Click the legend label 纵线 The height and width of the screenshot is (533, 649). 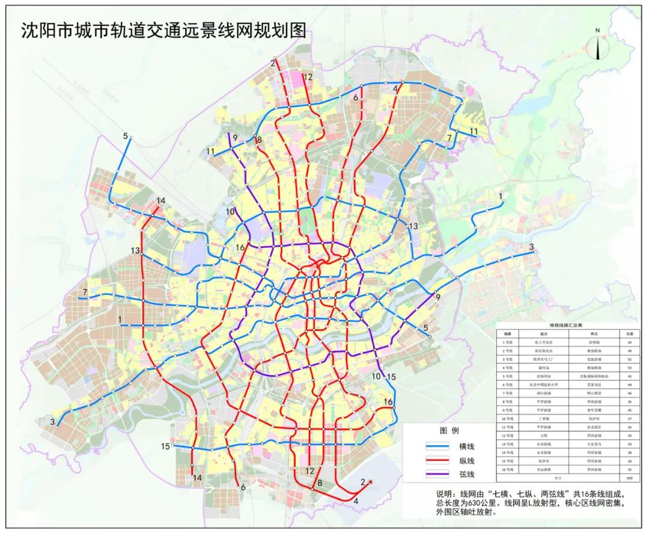pos(466,461)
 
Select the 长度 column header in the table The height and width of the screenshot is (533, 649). pos(629,333)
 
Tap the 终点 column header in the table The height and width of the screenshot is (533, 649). pos(590,333)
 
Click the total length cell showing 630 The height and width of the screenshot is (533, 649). pos(629,478)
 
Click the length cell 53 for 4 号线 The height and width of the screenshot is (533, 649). pos(629,367)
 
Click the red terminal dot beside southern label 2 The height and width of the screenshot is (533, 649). pos(371,482)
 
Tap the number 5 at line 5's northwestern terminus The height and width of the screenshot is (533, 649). pos(126,136)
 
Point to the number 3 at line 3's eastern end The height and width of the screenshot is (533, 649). pos(531,247)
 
